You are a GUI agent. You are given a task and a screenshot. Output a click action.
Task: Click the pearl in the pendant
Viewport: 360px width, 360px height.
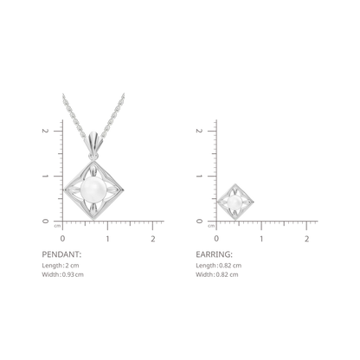(93, 190)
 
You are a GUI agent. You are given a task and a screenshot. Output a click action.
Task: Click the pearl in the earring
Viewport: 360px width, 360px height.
(235, 202)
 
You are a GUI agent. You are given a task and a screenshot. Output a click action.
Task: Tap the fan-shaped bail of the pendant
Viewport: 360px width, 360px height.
(93, 141)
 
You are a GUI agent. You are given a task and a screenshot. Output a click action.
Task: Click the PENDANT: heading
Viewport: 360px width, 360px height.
(61, 254)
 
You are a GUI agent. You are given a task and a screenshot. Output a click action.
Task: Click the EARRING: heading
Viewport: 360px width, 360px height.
(214, 254)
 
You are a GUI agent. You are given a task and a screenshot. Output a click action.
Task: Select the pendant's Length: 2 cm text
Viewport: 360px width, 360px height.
(61, 266)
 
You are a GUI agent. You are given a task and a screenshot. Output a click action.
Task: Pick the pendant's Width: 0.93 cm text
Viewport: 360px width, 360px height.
(62, 274)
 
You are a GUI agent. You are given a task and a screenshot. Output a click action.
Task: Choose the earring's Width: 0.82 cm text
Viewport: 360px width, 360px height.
(217, 274)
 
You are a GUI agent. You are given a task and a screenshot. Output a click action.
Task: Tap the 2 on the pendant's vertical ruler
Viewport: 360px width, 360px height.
(44, 131)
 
